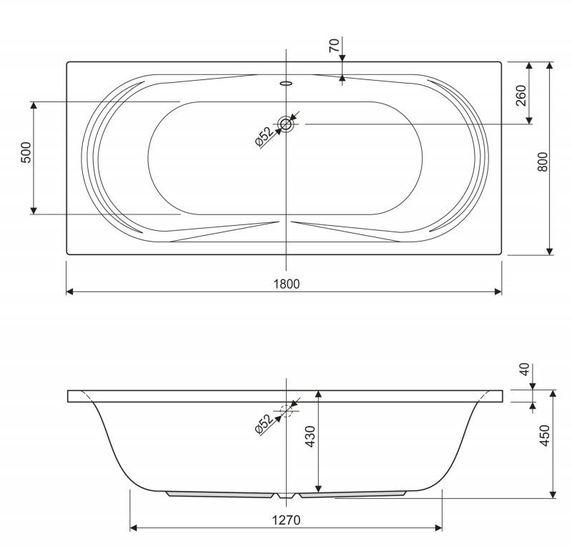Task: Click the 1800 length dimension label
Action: [x=287, y=284]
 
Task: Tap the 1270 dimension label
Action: [x=287, y=520]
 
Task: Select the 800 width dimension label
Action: [x=543, y=162]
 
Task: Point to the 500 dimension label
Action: [x=26, y=152]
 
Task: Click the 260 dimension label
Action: [x=521, y=96]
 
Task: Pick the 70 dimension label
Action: [x=334, y=45]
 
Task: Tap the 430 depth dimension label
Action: [x=310, y=436]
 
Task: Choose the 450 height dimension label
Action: [x=544, y=435]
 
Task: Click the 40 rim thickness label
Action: [x=524, y=369]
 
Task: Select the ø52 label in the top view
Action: [x=264, y=136]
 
